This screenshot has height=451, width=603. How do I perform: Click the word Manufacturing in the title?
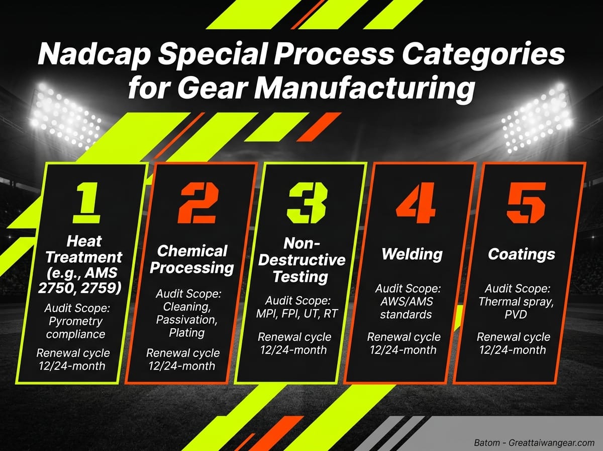point(364,90)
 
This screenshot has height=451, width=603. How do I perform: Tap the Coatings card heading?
point(522,254)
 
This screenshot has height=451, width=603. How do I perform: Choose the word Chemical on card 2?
point(192,250)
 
